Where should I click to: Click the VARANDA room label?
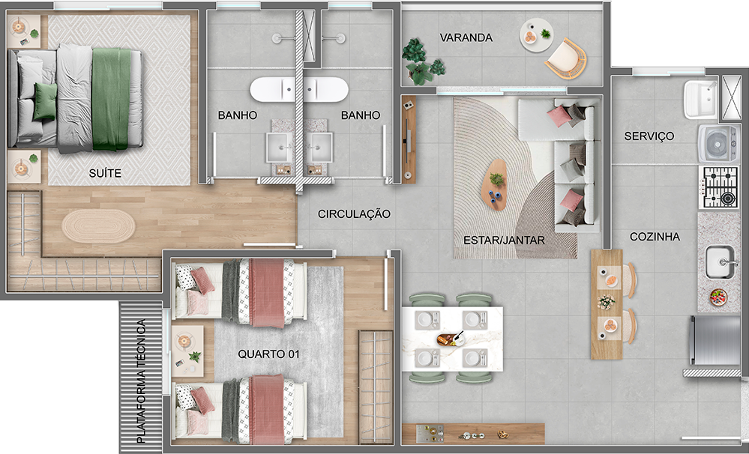pos(466,37)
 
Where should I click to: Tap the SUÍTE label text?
pos(105,173)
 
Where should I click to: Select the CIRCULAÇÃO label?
pos(354,214)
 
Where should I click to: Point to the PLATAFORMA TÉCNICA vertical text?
pos(141,381)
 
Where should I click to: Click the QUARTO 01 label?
pos(268,354)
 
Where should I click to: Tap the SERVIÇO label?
pos(649,136)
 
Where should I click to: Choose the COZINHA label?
pos(655,237)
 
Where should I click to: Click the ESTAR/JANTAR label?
pos(504,240)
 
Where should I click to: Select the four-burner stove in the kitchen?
pos(719,187)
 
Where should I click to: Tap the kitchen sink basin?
pos(721,262)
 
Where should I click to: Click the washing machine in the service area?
pos(718,143)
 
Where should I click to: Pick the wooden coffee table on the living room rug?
pos(494,184)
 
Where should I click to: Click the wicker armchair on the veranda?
pos(566,58)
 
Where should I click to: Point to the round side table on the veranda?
pos(536,35)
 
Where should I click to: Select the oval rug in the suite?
pos(98,226)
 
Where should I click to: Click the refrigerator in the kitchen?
pos(715,340)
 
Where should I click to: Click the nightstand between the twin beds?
pos(187,351)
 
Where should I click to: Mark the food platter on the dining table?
pos(450,339)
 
